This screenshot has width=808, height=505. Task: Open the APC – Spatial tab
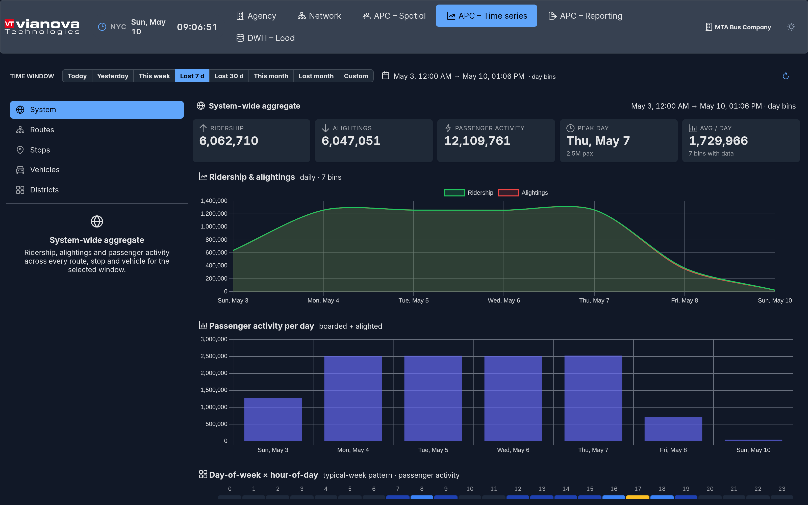point(394,16)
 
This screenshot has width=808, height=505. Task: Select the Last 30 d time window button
point(229,76)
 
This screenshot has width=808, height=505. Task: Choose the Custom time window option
point(356,76)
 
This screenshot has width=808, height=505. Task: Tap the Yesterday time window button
point(113,76)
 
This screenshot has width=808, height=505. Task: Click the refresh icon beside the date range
point(786,76)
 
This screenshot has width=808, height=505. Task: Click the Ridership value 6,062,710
point(229,141)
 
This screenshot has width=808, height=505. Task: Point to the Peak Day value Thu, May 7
point(598,141)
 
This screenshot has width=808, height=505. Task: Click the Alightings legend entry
point(523,193)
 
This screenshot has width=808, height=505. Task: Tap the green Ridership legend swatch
point(454,193)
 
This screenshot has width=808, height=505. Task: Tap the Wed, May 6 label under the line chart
point(504,300)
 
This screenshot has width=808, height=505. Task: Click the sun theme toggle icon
point(791,27)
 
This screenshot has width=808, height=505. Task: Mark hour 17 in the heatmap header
point(638,489)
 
